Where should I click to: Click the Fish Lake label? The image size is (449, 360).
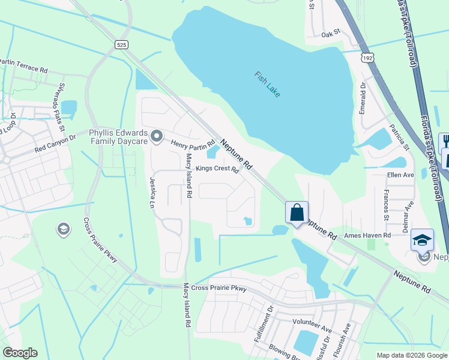[x=267, y=86]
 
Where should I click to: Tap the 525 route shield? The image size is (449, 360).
[x=122, y=44]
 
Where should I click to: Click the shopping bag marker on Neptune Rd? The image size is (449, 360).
[x=297, y=212]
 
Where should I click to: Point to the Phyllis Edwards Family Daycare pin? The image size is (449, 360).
[x=157, y=137]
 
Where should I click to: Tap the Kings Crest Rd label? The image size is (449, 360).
[x=217, y=170]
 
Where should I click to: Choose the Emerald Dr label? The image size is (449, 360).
[x=363, y=98]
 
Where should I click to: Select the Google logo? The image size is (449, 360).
[x=20, y=353]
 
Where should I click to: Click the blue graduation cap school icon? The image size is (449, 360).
[x=422, y=239]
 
